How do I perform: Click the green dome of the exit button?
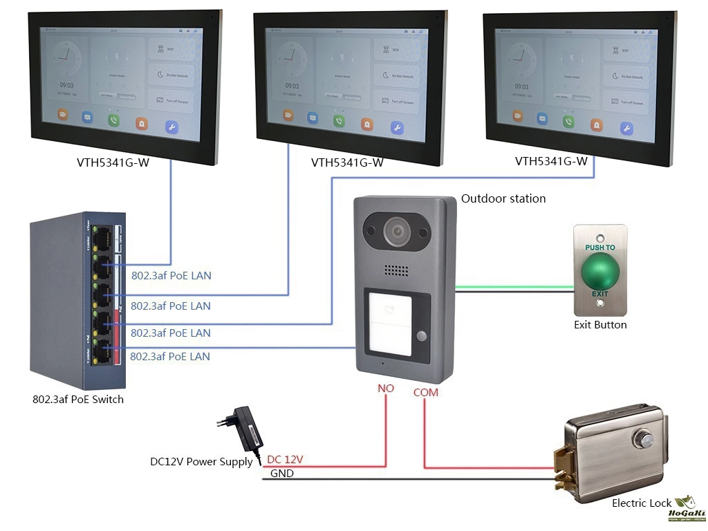pos(600,272)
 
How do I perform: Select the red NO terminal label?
pos(385,389)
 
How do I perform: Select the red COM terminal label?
pos(425,393)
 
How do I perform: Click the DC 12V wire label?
pos(285,459)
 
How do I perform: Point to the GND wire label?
pos(281,474)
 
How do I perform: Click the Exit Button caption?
pos(600,324)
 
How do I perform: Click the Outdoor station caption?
pos(503,198)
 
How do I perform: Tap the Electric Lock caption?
pos(641,503)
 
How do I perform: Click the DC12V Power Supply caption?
pos(201,462)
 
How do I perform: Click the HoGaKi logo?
pos(685,508)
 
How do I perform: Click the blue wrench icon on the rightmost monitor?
pos(626,128)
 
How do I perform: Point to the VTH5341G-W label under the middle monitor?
pos(347,163)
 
